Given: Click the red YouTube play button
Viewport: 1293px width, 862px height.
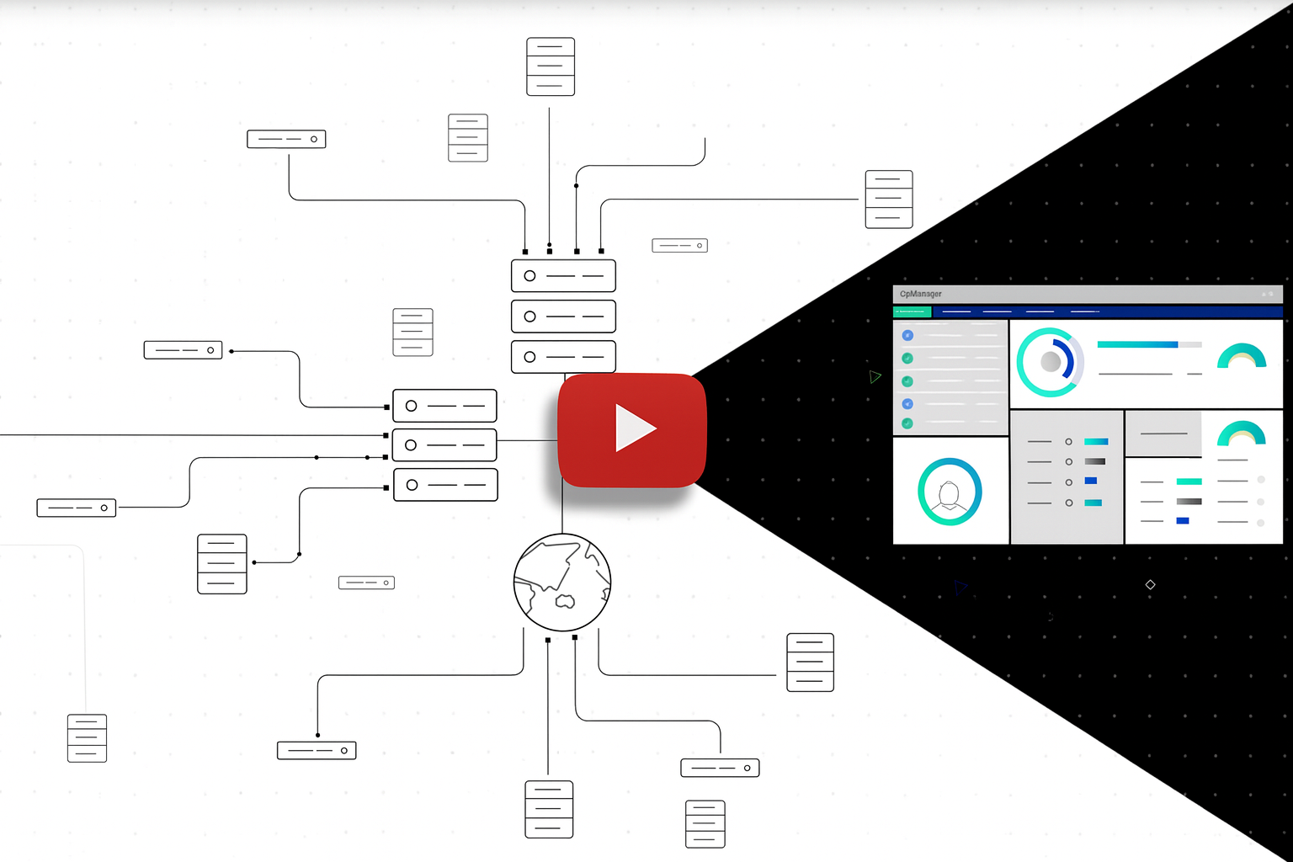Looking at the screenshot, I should pos(631,429).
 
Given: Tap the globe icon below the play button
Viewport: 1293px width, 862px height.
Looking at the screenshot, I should pos(562,583).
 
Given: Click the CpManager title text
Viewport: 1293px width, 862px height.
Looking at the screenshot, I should pos(921,294).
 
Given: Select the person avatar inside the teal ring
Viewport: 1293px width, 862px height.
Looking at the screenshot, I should pos(950,493).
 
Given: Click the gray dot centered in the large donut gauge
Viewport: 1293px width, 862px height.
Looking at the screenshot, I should pos(1051,362).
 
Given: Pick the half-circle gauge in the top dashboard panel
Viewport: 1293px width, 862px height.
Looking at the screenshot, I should pos(1242,357).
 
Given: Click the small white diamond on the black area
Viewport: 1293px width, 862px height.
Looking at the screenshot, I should pos(1150,584).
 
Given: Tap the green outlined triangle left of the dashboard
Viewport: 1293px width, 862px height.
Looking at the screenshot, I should pos(875,376).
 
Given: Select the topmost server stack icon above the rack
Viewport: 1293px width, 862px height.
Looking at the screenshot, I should pos(551,67).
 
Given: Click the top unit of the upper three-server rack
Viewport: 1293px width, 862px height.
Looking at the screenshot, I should pos(563,276).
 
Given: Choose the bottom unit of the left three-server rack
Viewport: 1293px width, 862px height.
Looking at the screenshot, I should pos(445,485).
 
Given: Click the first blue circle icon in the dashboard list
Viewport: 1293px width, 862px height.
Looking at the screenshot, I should pos(907,335).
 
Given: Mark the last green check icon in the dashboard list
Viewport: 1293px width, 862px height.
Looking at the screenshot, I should pos(907,423).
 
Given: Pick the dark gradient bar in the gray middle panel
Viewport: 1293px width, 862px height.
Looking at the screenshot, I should pos(1095,461).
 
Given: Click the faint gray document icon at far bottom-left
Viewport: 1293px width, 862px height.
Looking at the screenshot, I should pos(87,738).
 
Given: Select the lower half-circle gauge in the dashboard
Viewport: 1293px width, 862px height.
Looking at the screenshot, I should pos(1242,434).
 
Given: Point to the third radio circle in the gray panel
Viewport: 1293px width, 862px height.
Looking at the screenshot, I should pos(1068,482).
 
